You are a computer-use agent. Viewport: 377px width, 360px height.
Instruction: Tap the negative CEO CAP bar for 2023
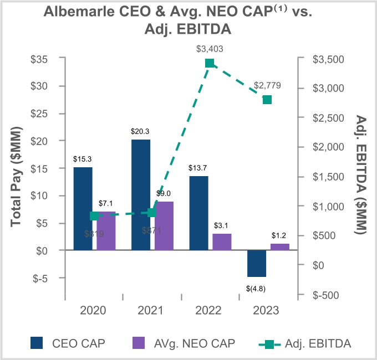click(257, 264)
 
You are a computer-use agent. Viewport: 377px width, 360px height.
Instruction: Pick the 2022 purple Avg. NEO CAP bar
click(222, 242)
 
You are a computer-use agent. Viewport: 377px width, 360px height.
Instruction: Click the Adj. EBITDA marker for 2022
click(210, 63)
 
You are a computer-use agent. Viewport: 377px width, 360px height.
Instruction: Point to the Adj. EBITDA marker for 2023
click(267, 100)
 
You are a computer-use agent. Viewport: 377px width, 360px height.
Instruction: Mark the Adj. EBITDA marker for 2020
click(94, 216)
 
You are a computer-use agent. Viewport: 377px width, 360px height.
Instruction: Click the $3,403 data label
click(210, 49)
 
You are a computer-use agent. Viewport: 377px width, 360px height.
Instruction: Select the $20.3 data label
click(141, 131)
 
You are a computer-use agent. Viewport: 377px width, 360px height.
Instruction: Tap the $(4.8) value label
click(257, 288)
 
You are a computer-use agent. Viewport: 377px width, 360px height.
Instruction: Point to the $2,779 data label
click(267, 86)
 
